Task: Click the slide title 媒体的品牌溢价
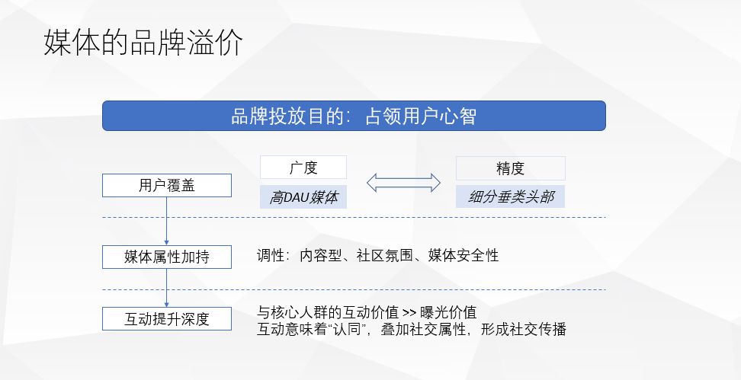point(143,43)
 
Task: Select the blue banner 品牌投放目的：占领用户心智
point(354,116)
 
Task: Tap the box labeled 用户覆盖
point(167,185)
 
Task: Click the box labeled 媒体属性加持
point(167,257)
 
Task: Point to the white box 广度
point(303,168)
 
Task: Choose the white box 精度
point(510,168)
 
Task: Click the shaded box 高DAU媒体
point(303,197)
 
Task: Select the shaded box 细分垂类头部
point(510,197)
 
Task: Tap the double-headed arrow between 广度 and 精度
point(403,183)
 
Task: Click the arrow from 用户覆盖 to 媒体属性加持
point(166,221)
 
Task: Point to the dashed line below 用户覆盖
point(381,217)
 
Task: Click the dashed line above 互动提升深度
point(381,289)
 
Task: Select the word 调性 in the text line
point(270,256)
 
